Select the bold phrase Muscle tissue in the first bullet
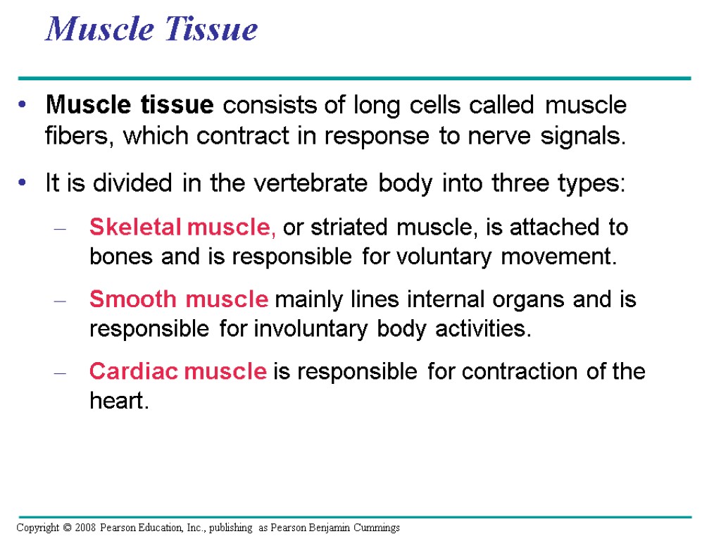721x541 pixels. (129, 106)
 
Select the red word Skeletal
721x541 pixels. (134, 228)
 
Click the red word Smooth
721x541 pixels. (133, 299)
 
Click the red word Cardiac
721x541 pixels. (134, 371)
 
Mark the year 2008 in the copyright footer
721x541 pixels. (82, 528)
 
